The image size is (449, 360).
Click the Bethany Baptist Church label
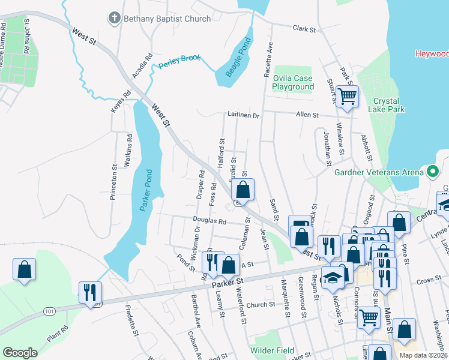click(x=167, y=19)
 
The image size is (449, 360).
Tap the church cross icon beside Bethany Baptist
click(x=114, y=19)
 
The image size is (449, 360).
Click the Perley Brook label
click(x=178, y=61)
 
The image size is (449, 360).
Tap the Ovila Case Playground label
click(x=293, y=82)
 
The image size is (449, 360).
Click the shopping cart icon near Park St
click(x=346, y=95)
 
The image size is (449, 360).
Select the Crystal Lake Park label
click(x=388, y=105)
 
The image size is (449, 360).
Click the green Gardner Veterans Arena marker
click(x=432, y=173)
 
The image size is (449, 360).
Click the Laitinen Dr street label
click(x=243, y=115)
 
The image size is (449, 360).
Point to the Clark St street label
click(x=304, y=28)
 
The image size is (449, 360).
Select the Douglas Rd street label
click(x=209, y=221)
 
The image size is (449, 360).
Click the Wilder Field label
click(x=273, y=350)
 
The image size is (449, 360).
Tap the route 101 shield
click(x=49, y=311)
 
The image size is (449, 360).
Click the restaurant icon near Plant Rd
click(x=91, y=293)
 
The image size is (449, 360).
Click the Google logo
click(x=20, y=353)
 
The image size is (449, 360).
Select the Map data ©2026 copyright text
click(x=423, y=355)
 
